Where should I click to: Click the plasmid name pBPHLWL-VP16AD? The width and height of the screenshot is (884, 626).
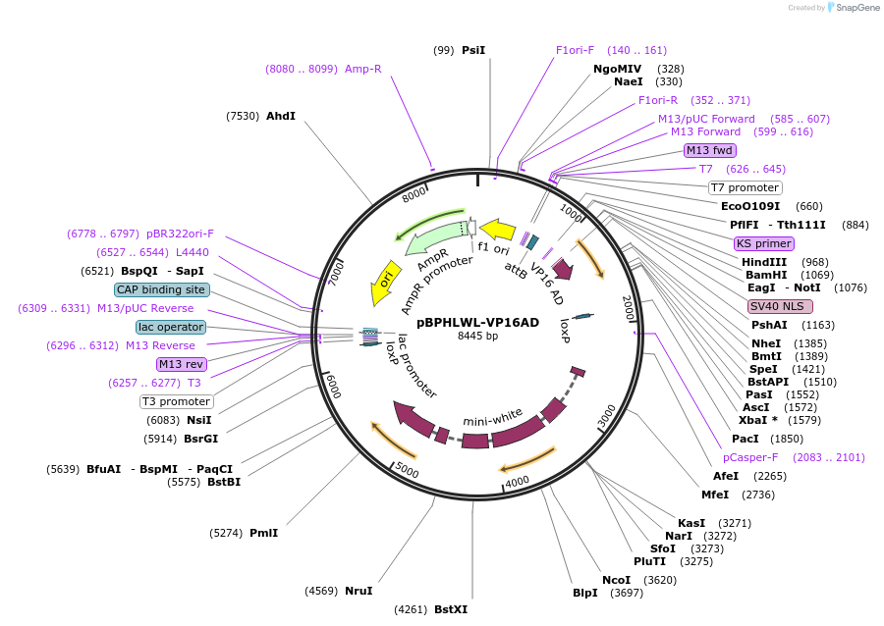click(477, 322)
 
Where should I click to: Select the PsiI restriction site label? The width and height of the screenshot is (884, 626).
click(473, 49)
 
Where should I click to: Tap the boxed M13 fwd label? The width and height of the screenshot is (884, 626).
click(709, 150)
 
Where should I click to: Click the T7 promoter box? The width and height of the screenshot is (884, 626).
click(745, 187)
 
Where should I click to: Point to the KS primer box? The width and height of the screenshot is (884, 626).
click(763, 243)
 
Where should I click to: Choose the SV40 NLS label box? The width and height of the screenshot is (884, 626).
click(780, 305)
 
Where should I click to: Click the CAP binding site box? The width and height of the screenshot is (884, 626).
click(161, 289)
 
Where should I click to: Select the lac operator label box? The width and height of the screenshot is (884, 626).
click(171, 327)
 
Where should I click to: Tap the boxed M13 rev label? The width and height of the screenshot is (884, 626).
click(182, 364)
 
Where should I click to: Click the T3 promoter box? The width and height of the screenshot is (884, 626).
click(177, 401)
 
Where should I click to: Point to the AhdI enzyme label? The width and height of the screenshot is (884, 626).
click(280, 116)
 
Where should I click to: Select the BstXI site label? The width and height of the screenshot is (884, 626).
click(451, 609)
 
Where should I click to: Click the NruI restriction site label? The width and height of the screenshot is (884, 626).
click(359, 591)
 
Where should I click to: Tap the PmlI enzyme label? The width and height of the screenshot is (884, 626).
click(263, 533)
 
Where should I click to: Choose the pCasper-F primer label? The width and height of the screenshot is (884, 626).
click(750, 456)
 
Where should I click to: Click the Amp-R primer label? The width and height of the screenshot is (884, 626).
click(362, 69)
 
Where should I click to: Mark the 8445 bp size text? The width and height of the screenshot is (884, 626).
click(477, 337)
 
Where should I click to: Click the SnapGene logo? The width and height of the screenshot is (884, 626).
click(853, 8)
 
